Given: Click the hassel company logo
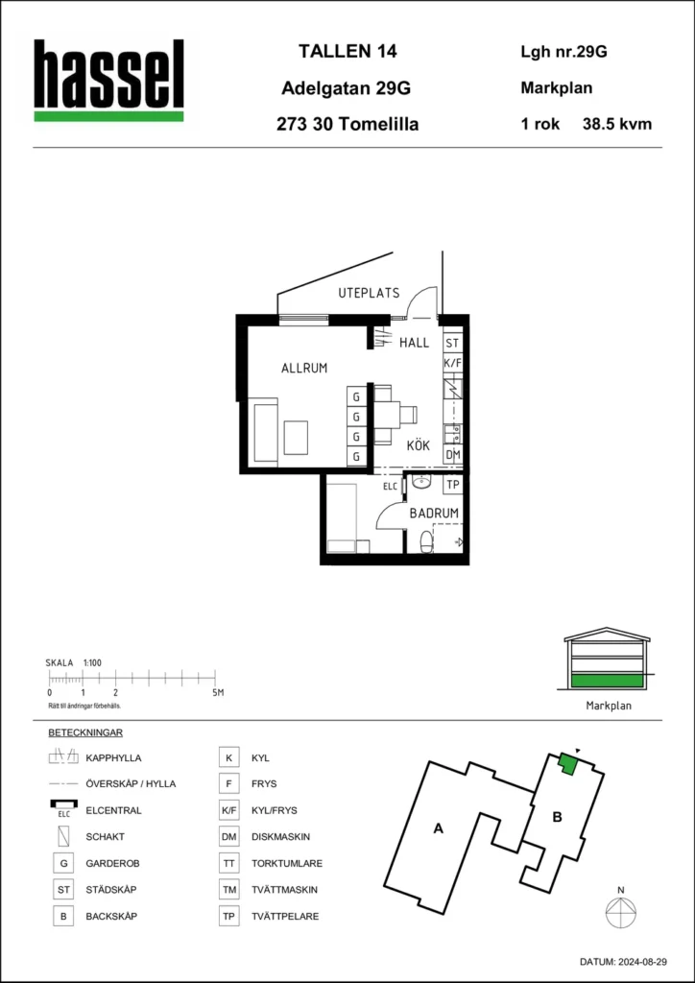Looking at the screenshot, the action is [109, 81].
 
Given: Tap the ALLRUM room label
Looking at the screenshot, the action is [304, 369].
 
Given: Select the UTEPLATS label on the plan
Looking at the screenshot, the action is [369, 293].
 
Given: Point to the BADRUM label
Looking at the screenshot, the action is [434, 513].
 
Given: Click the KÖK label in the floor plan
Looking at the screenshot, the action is [418, 445].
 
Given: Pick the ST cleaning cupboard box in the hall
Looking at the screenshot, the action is [452, 343].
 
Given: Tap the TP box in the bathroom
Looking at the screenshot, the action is [452, 485].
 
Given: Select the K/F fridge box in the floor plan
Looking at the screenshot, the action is [452, 362].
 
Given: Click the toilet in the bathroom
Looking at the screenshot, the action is [425, 541].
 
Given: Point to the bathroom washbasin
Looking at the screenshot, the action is [421, 482].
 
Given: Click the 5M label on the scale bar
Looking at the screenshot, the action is [218, 693].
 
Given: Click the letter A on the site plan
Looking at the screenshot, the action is [439, 829].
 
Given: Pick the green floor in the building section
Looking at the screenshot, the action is [608, 681].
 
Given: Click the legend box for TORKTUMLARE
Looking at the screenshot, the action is [228, 863].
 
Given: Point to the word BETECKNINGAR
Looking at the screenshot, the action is [84, 732].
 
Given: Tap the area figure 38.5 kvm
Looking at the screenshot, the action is [617, 124].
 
